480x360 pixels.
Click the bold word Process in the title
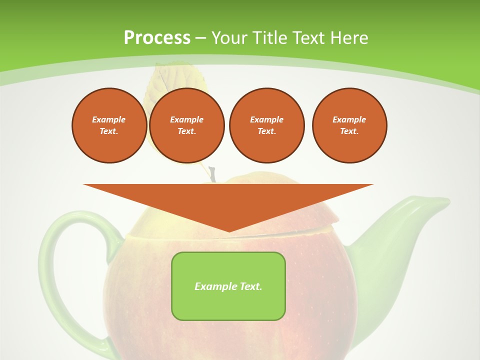point(157,37)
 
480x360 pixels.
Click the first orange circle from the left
point(109,125)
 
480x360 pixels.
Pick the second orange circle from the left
point(187,125)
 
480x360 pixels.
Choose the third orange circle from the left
point(266,125)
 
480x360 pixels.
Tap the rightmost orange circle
point(349,125)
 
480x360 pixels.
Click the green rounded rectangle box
point(228,286)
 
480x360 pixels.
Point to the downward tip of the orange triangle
point(229,231)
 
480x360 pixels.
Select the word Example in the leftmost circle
point(109,119)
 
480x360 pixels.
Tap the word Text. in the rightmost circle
point(349,131)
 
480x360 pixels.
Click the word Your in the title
point(228,37)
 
